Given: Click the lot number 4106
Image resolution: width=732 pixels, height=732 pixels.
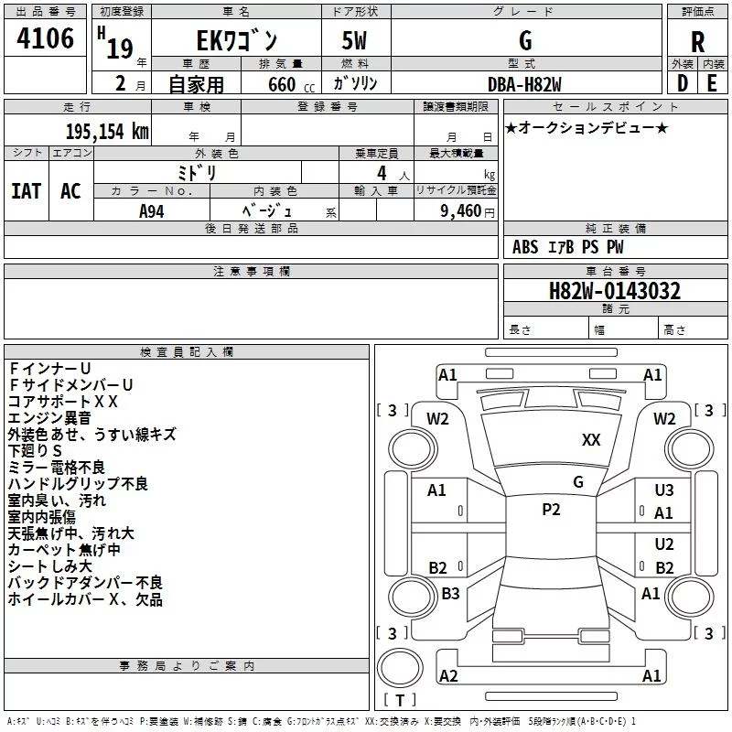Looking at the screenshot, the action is point(46,39).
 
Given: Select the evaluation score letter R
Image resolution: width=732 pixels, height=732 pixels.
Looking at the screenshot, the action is point(698,41).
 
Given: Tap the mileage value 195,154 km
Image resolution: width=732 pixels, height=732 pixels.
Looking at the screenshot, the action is point(107,131).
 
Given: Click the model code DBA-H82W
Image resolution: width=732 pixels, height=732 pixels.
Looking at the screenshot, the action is point(524,83).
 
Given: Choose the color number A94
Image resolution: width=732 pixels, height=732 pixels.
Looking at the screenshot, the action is point(152,210).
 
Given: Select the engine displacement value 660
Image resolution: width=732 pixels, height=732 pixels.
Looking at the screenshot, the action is point(281,84).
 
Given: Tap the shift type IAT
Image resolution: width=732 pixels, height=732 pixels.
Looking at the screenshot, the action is point(26,190).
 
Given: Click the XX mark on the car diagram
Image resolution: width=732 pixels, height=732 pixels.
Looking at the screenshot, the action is point(591,440).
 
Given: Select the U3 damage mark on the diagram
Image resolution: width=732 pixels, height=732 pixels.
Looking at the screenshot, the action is point(664,491).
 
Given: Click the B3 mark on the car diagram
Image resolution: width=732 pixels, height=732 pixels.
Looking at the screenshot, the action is point(450,594).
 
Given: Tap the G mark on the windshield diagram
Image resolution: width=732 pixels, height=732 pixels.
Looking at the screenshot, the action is point(577,481).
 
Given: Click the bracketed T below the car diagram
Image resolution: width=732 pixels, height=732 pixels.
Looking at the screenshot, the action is point(399,701).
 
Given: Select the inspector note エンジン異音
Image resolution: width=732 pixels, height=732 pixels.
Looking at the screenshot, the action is point(49,417).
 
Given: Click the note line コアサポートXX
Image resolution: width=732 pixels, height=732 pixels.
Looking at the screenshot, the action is point(62,401).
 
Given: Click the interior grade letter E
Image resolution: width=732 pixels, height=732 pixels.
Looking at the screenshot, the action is point(712,83).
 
